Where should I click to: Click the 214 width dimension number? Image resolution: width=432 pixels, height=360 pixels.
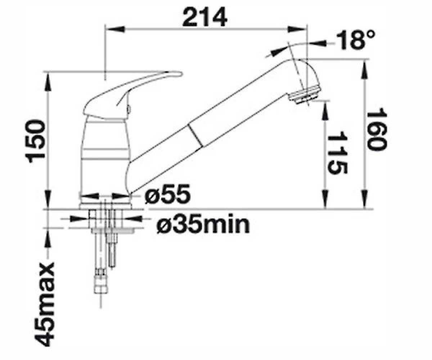coord(204,17)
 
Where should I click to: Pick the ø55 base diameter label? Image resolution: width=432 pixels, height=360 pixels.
coord(167,194)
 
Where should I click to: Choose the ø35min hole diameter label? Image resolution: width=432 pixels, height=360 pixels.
coord(203,225)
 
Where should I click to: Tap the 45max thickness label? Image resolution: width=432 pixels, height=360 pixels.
coord(45,304)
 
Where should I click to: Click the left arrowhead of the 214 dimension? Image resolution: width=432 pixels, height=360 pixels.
coord(115,30)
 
